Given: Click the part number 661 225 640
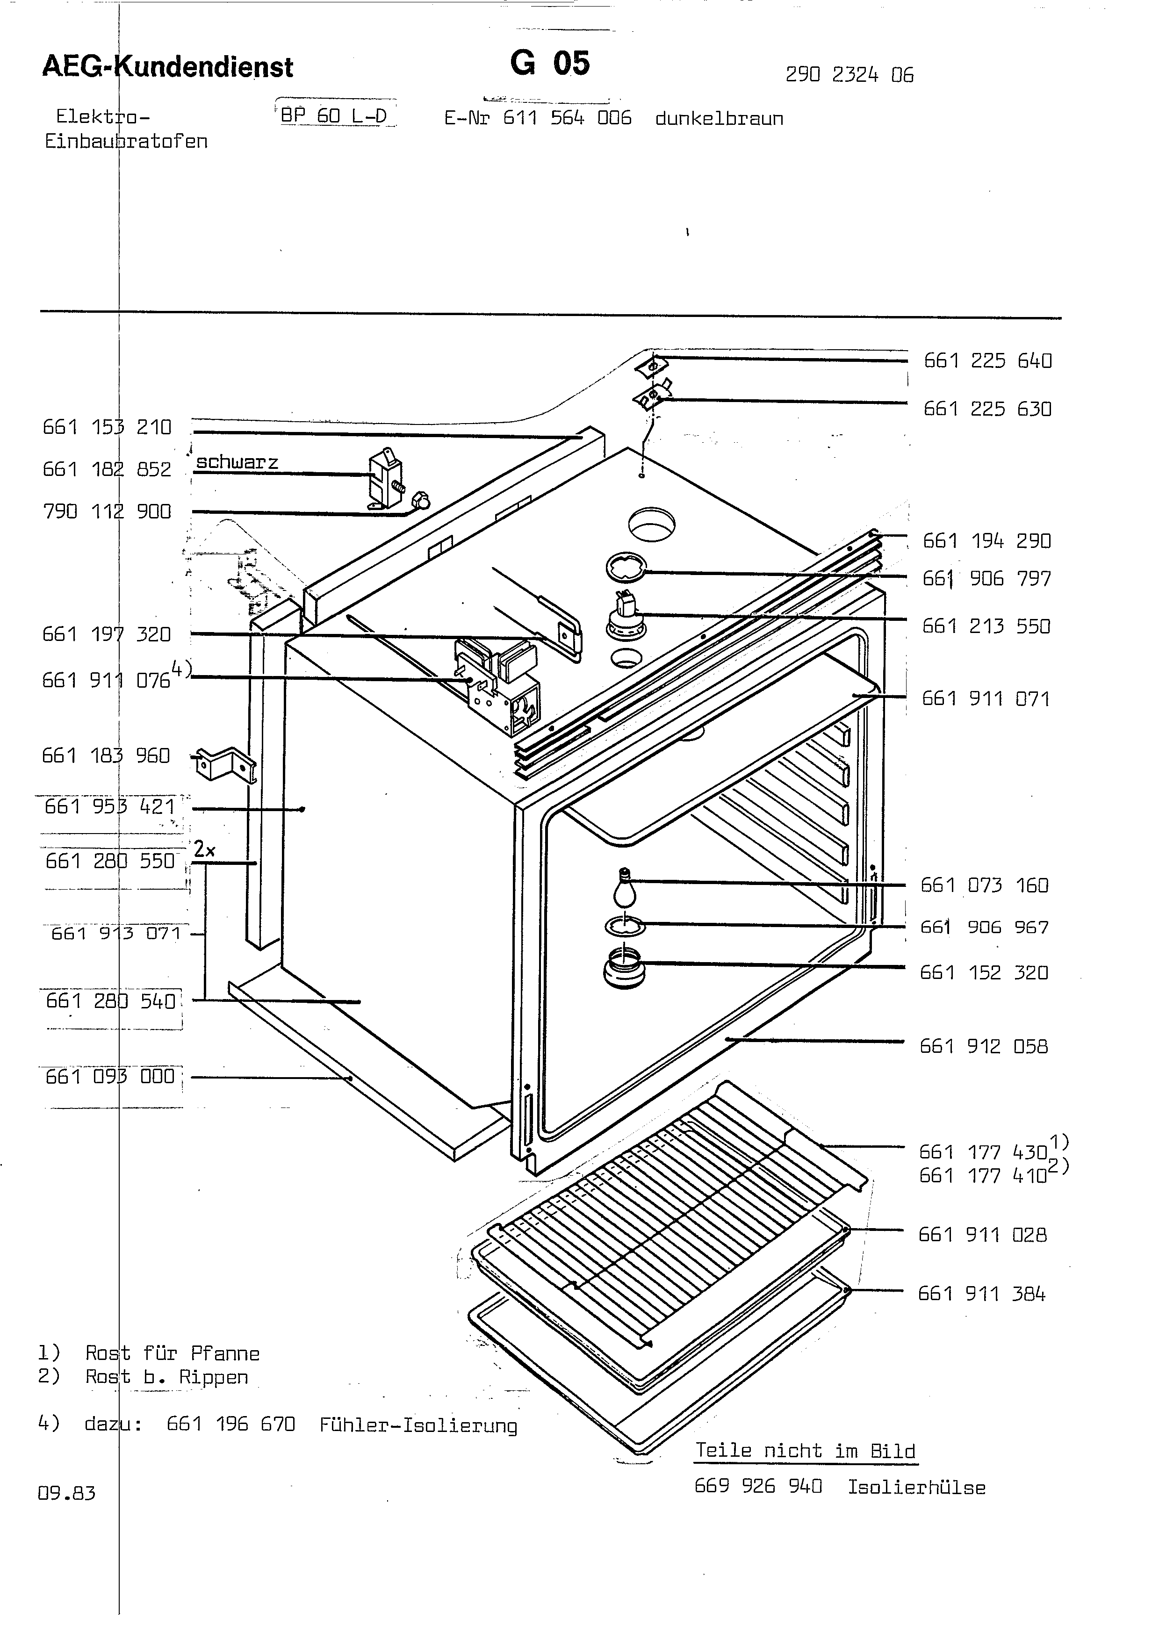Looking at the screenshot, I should tap(987, 361).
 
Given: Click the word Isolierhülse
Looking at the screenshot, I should tap(916, 1488).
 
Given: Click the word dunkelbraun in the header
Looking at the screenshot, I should tap(719, 119).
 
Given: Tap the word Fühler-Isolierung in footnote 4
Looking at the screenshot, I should tap(418, 1426).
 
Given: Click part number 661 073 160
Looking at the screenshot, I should tap(985, 886).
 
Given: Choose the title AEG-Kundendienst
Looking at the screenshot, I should tap(168, 66).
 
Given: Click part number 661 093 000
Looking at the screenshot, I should tap(110, 1077).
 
